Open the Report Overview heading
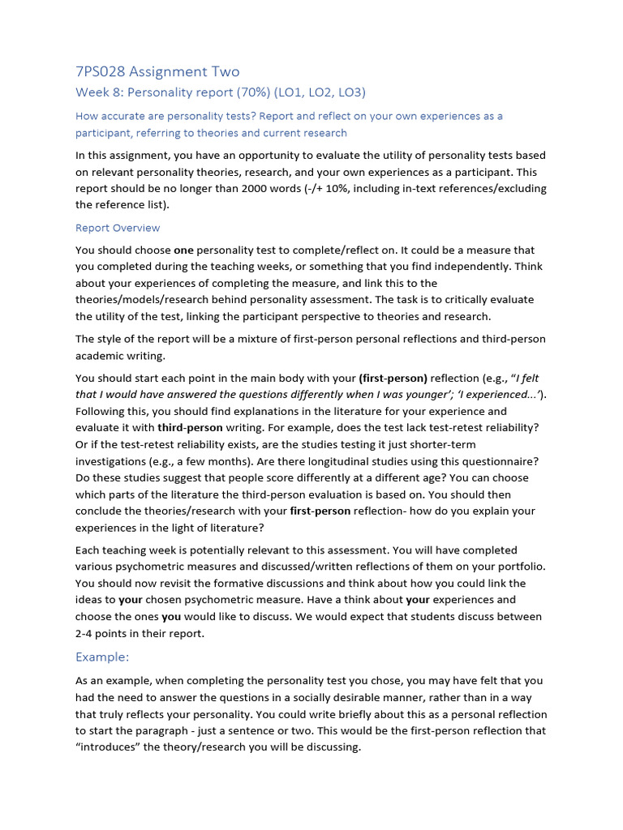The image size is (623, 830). pyautogui.click(x=118, y=228)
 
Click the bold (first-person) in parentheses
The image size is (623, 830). pyautogui.click(x=393, y=378)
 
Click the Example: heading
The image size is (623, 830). pyautogui.click(x=102, y=657)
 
